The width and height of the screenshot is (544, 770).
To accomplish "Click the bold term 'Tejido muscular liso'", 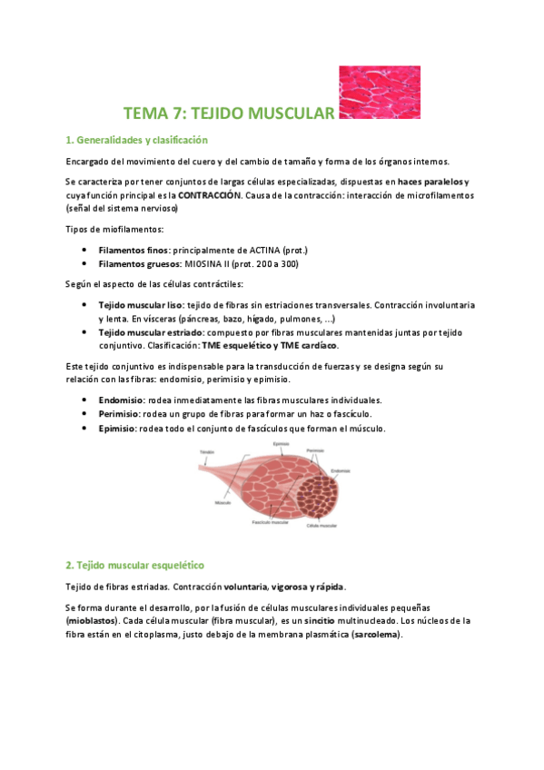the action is (140, 306).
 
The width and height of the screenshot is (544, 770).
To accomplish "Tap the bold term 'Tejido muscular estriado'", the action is (150, 332).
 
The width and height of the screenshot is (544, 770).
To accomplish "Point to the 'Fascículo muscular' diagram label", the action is (271, 522).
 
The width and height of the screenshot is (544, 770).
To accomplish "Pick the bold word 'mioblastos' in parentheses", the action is (94, 621).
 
